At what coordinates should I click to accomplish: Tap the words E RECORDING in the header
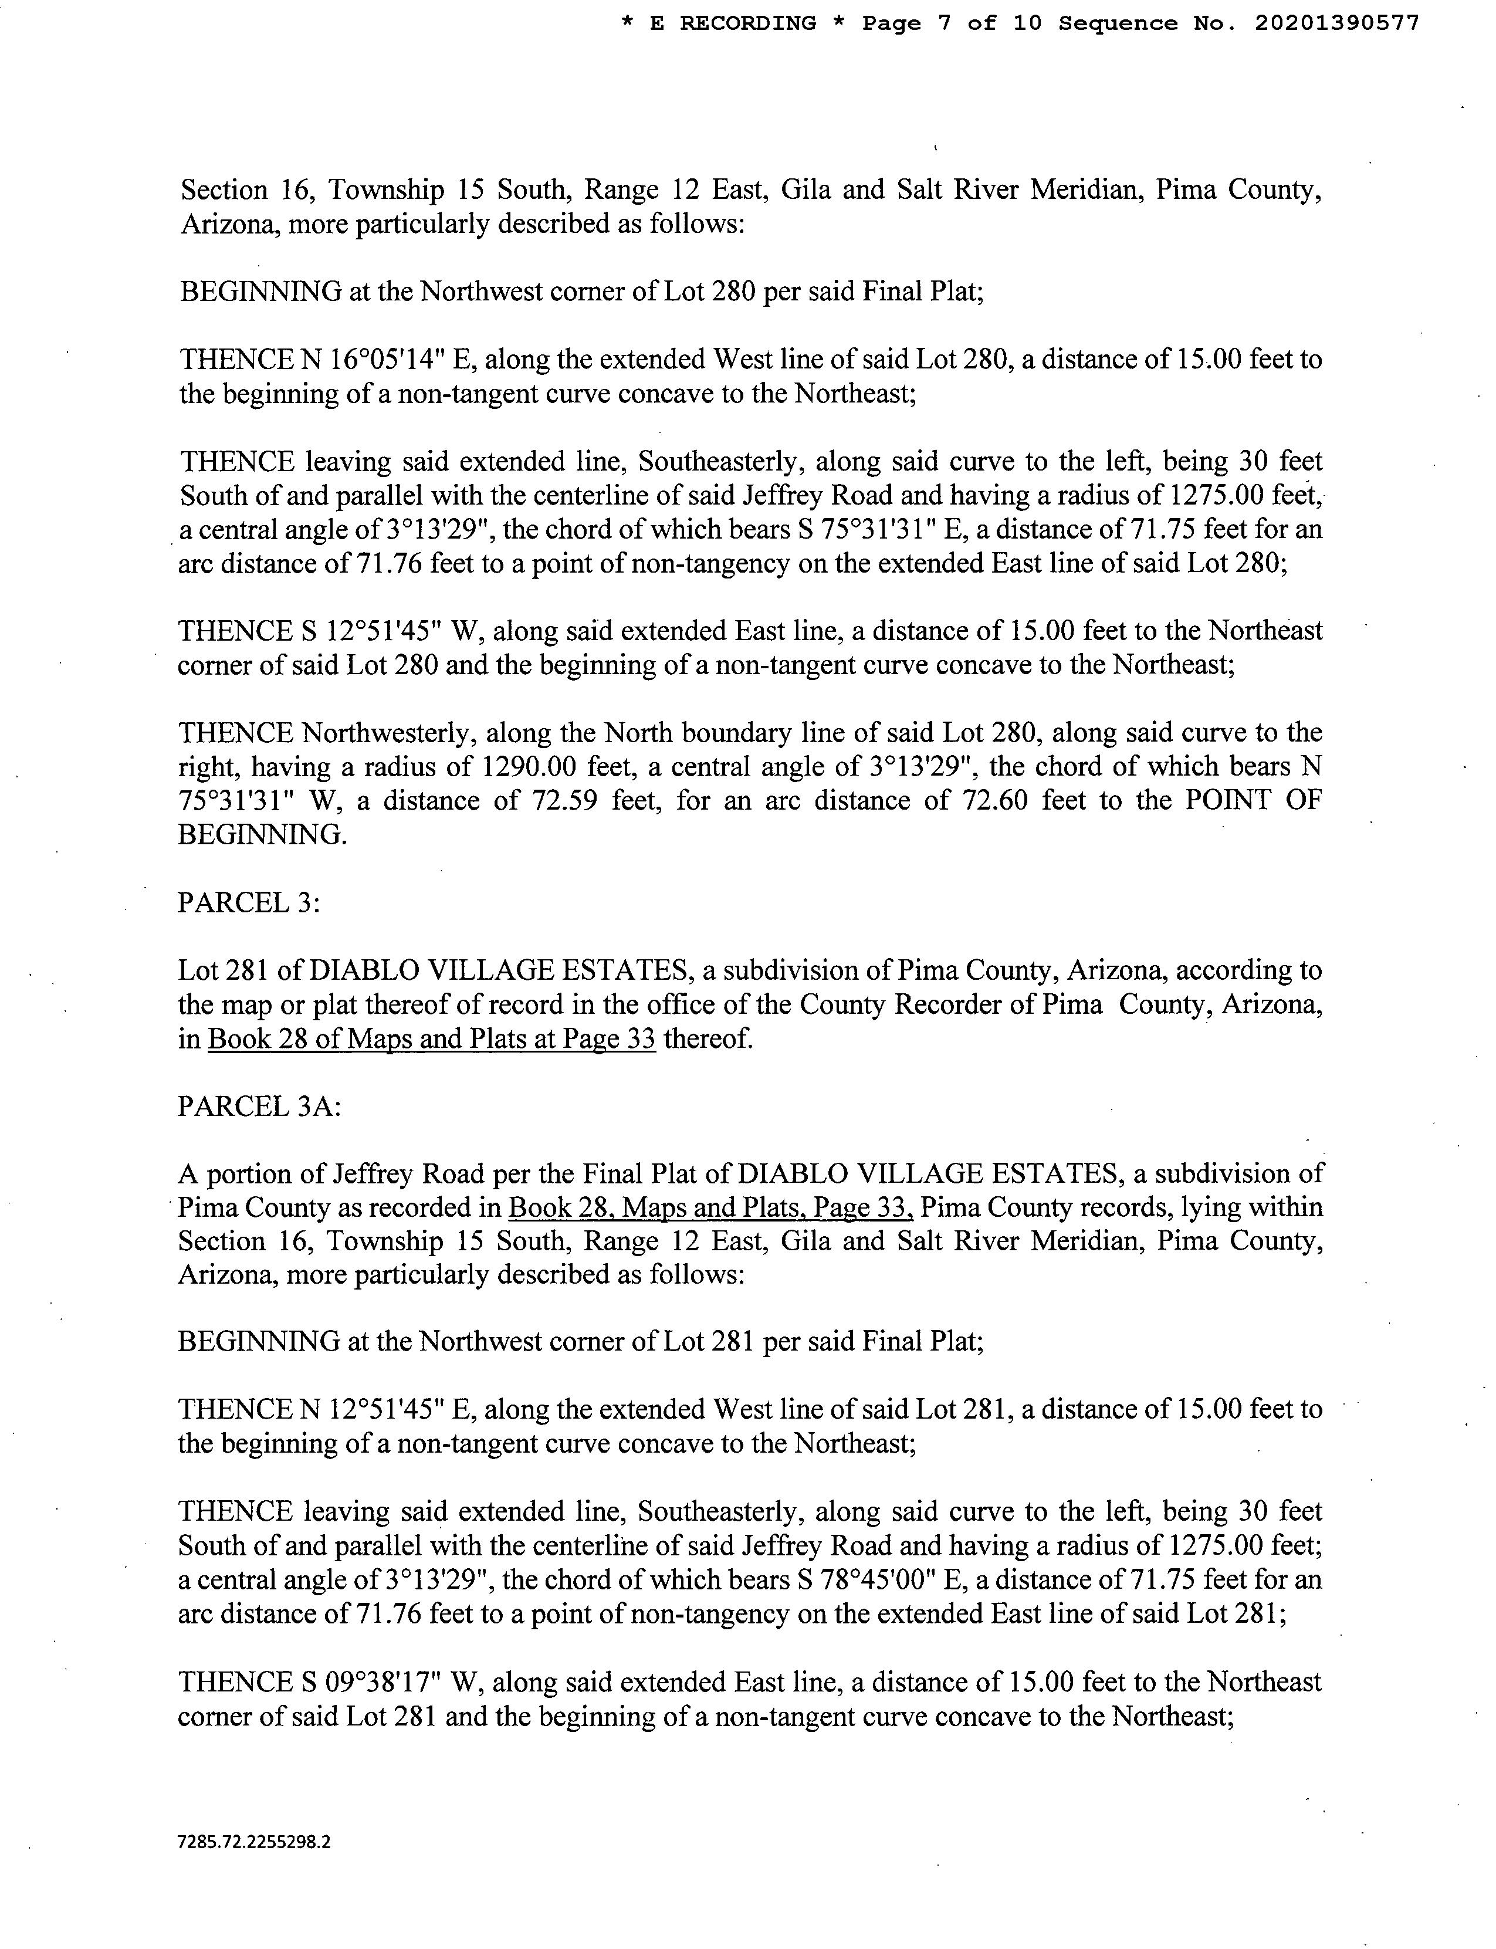pyautogui.click(x=733, y=24)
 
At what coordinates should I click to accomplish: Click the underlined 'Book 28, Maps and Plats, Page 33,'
pyautogui.click(x=710, y=1208)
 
